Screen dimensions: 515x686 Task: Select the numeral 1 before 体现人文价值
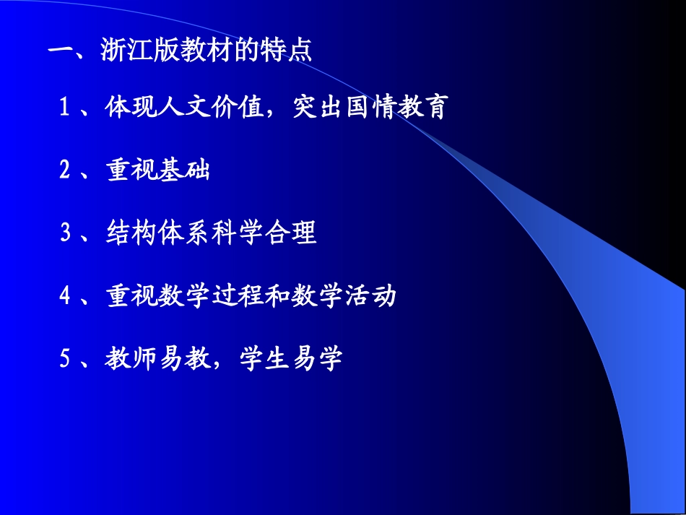click(65, 109)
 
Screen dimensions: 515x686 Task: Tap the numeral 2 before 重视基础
click(65, 171)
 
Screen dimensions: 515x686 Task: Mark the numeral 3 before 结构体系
click(65, 233)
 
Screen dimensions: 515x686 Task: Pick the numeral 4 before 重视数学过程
click(65, 296)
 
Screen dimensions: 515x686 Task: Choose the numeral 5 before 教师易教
click(65, 359)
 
